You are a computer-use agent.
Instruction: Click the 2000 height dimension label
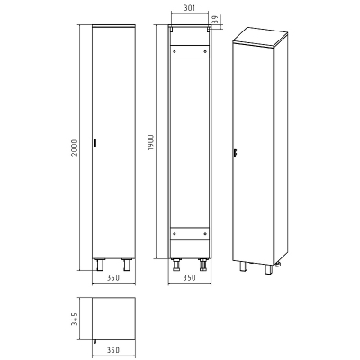[76, 148]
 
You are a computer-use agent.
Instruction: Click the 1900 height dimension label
[151, 142]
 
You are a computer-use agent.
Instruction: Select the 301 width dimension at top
[189, 8]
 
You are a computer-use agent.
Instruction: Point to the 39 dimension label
[214, 20]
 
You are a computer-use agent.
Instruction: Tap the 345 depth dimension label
[75, 319]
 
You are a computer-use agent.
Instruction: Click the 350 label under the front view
[113, 278]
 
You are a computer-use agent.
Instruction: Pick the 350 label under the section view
[189, 278]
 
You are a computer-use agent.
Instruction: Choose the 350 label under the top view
[113, 350]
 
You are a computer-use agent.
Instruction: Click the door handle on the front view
[95, 143]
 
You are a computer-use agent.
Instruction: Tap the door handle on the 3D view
[236, 153]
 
